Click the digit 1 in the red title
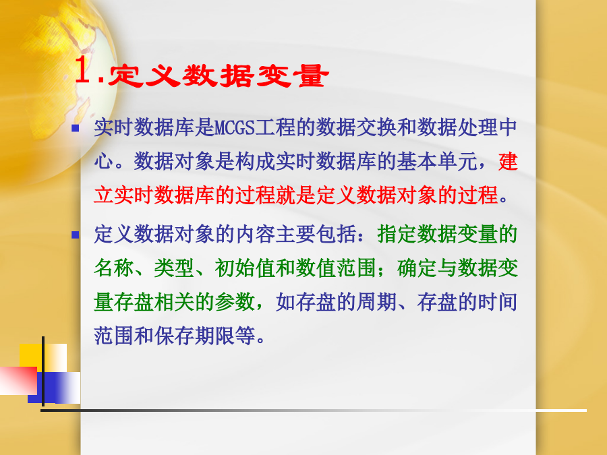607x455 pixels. click(x=83, y=70)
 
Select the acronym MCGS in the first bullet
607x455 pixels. click(x=234, y=127)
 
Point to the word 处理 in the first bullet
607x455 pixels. click(x=478, y=127)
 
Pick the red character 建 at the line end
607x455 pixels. click(x=508, y=161)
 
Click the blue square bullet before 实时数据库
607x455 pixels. click(x=76, y=128)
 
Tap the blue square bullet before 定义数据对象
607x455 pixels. click(x=76, y=235)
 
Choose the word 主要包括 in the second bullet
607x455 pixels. click(x=316, y=234)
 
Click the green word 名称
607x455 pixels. click(x=114, y=268)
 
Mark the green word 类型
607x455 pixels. click(x=174, y=268)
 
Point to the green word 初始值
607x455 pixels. click(x=245, y=268)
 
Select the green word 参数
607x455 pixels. click(x=235, y=302)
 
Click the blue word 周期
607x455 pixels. click(x=376, y=302)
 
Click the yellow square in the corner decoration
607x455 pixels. click(x=43, y=358)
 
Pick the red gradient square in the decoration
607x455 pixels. click(x=18, y=381)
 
